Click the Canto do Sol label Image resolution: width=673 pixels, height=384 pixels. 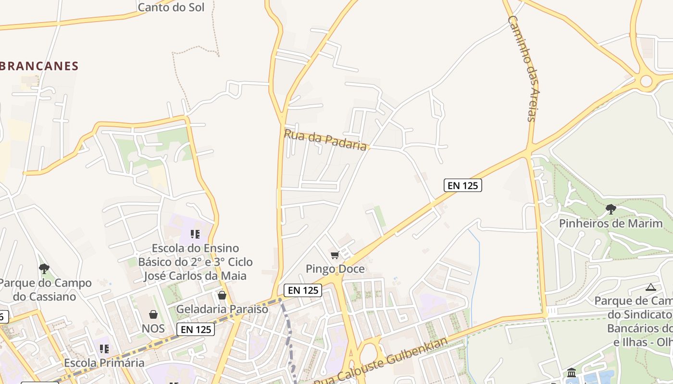pos(171,7)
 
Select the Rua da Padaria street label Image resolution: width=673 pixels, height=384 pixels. pos(325,140)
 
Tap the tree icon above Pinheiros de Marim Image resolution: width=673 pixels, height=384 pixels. pos(611,209)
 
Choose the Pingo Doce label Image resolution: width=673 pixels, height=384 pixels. pos(335,269)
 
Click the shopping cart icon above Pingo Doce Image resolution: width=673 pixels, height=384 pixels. pos(335,255)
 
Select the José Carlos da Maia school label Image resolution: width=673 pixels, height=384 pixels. pos(195,276)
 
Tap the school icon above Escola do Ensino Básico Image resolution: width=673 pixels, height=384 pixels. pos(195,234)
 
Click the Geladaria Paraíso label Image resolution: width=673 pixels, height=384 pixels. pos(222,309)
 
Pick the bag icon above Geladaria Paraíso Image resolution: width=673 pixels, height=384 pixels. pos(222,295)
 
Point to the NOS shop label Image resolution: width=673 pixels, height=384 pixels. pos(153,329)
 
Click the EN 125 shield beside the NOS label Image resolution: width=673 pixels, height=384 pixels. pos(195,329)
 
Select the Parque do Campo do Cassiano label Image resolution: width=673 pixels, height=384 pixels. pos(45,289)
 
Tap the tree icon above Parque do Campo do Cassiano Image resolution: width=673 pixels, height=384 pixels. pos(44,269)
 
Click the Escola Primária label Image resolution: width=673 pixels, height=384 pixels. pos(104,362)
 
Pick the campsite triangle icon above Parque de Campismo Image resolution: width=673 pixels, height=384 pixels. pos(651,288)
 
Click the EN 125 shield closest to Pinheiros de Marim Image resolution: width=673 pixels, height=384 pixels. pos(462,185)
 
